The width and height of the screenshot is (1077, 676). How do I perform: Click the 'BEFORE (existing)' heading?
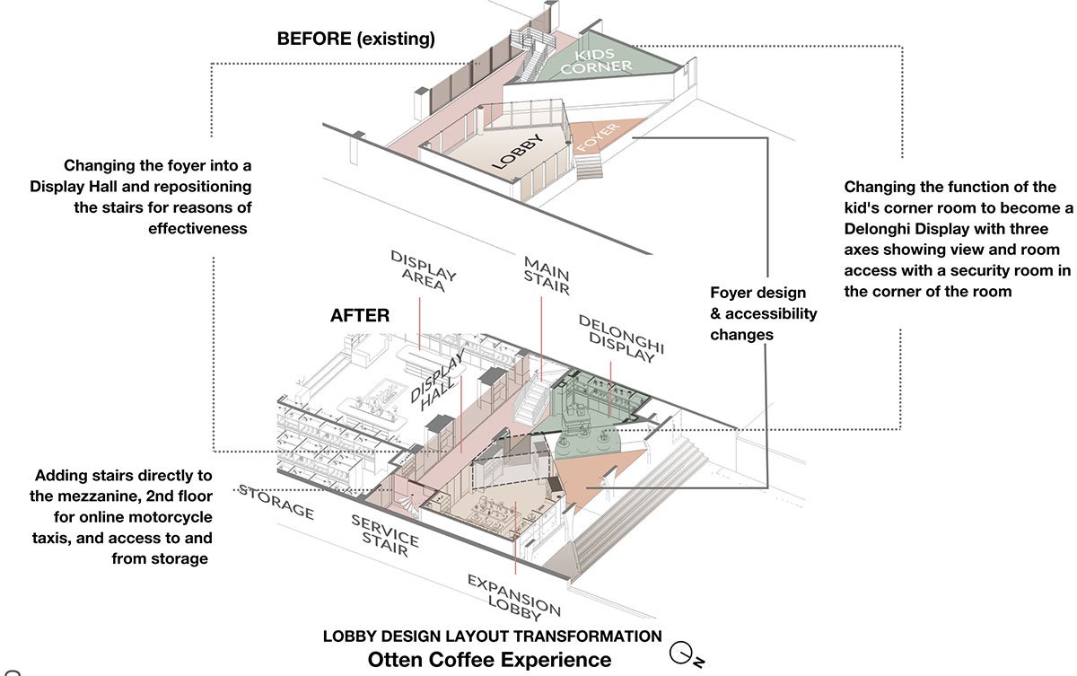click(355, 39)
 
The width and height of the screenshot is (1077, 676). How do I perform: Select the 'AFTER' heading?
click(360, 316)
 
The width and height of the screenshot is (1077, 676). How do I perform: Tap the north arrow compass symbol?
click(686, 654)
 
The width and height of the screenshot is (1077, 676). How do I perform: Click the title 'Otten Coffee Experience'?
click(489, 659)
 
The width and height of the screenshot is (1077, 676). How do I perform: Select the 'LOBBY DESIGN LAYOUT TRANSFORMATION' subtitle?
click(492, 636)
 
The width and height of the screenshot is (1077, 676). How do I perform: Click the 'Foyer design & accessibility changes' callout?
click(763, 313)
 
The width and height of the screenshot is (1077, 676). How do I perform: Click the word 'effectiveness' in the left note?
click(197, 228)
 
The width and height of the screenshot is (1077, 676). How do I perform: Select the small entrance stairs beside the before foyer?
click(590, 166)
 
